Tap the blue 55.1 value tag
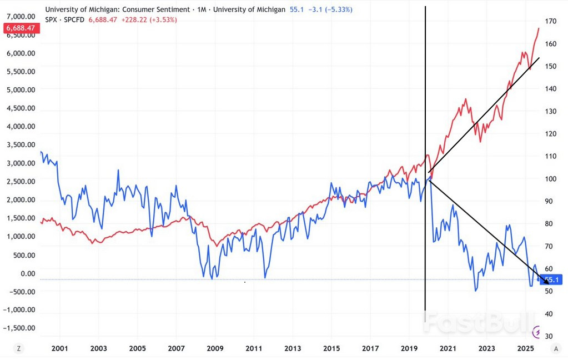552,280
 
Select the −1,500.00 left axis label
19,328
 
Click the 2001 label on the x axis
59,349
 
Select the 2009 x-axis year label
215,349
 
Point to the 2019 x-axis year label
409,349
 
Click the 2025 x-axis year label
525,349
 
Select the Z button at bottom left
19,348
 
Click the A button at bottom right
556,348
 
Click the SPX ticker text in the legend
51,19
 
